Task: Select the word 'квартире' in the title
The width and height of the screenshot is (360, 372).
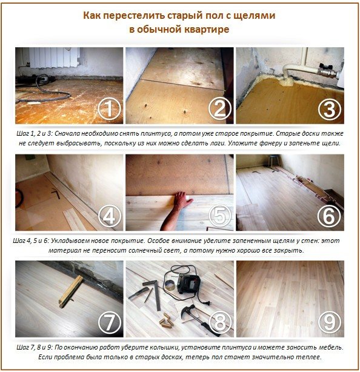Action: click(x=207, y=29)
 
